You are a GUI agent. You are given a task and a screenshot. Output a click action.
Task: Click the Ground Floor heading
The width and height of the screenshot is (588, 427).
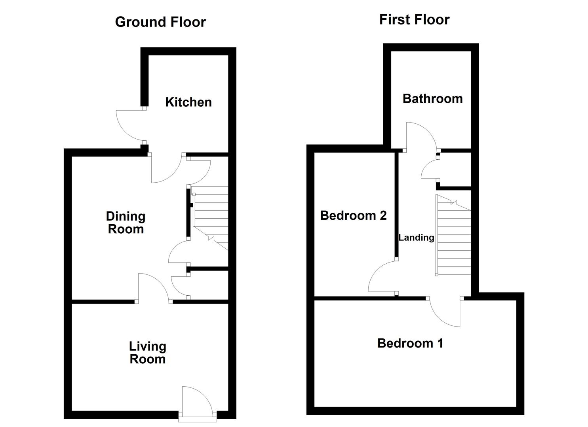tap(160, 22)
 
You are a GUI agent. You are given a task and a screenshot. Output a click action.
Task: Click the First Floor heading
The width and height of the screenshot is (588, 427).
tap(414, 20)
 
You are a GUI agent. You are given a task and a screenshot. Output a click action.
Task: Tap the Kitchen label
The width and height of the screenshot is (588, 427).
tap(188, 102)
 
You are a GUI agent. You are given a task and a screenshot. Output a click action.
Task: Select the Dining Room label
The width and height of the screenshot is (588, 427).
tap(126, 223)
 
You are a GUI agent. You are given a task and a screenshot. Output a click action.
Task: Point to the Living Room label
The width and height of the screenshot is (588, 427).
tap(147, 353)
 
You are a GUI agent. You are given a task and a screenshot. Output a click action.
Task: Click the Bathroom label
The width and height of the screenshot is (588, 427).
tap(432, 98)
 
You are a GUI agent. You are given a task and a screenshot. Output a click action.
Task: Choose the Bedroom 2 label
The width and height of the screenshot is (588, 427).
tap(353, 215)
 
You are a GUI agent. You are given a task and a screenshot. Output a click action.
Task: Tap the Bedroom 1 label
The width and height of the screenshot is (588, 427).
tap(410, 343)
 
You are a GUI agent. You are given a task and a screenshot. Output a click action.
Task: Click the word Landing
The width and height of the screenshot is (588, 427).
tap(416, 238)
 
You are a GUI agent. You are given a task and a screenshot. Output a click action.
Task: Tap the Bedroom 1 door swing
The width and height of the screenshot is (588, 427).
tap(445, 312)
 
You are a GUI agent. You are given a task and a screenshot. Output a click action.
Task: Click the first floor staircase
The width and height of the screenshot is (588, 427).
tap(454, 237)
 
